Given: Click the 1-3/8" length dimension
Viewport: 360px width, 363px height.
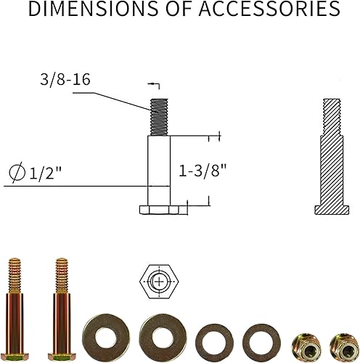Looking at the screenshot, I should click(x=203, y=171).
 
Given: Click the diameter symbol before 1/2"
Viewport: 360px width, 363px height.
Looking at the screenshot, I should click(x=17, y=174).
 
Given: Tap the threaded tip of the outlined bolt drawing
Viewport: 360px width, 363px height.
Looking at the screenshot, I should click(x=159, y=117).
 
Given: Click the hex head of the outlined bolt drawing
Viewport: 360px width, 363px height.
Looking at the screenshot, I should click(x=159, y=210).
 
